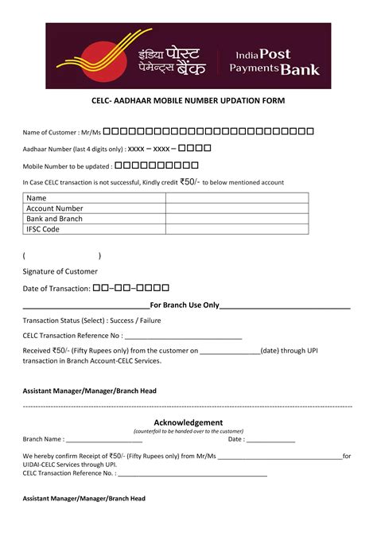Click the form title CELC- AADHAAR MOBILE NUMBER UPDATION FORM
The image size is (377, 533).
point(188,102)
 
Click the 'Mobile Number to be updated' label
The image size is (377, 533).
point(67,166)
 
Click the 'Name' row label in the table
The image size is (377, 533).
point(37,198)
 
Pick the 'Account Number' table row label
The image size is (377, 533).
point(55,208)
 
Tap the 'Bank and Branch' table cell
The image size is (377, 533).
point(55,219)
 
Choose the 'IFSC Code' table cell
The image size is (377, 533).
point(43,229)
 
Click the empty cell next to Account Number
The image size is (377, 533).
point(236,208)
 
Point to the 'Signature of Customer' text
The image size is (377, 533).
point(60,272)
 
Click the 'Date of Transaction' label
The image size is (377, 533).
point(56,288)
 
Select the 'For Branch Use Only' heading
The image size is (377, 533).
point(185,305)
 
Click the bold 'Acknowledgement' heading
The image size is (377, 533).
point(188,422)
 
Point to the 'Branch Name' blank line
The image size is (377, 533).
point(104,439)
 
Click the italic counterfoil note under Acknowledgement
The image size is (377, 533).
point(188,431)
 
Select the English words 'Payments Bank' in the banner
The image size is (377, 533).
point(274,69)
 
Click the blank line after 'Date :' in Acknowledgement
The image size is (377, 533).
point(271,439)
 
